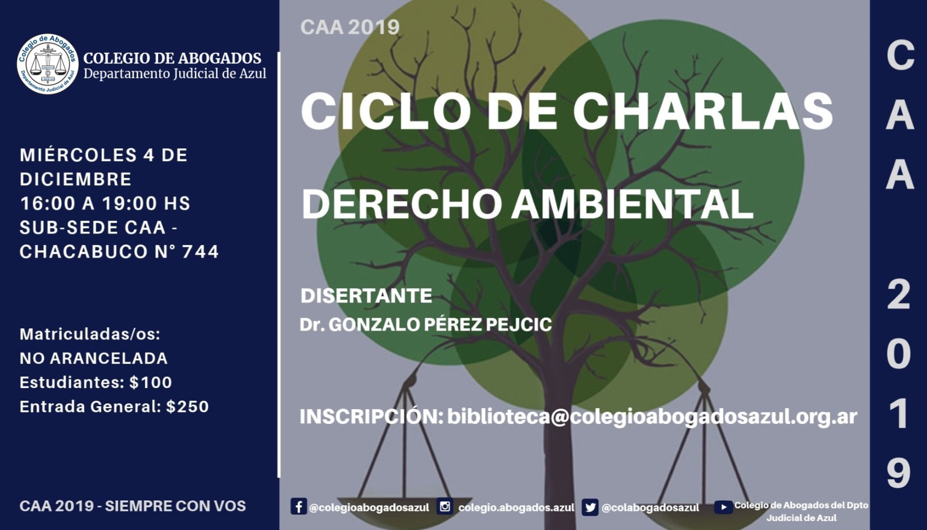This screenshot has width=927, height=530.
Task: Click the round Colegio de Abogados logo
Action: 48,64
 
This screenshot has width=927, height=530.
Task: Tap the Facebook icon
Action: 298,507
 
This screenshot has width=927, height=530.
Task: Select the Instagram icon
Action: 445,507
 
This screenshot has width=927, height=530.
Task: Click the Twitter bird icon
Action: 590,507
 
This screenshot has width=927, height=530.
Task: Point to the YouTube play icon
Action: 723,507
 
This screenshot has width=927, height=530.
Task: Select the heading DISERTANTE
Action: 366,296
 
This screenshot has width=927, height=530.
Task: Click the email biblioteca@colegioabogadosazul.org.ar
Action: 652,417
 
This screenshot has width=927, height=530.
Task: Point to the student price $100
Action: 151,382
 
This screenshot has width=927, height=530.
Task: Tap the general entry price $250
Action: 188,406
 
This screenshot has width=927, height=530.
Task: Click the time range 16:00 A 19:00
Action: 89,203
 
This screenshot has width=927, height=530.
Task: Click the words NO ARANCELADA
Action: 94,358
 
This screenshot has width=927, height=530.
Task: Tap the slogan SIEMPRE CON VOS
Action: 175,506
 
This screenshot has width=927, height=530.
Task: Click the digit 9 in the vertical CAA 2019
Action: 898,474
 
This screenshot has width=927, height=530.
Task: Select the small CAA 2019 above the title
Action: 350,27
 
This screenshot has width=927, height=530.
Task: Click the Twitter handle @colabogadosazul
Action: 650,507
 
